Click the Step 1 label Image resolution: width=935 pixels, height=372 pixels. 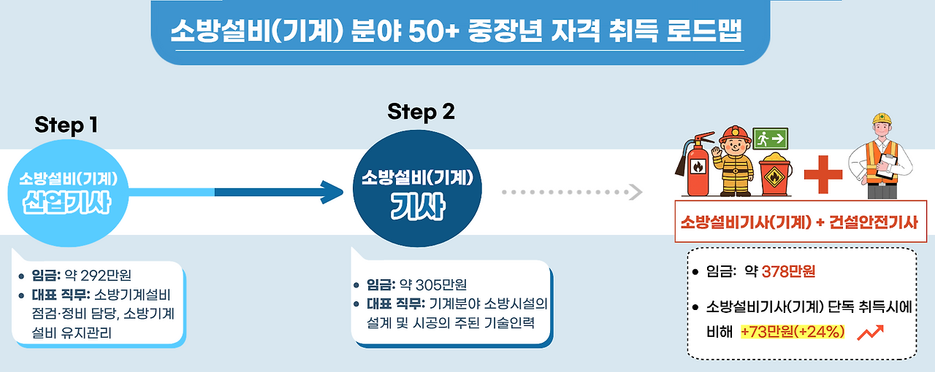tap(66, 125)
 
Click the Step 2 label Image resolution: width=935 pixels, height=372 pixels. tap(421, 112)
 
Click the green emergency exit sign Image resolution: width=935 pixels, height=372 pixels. tap(771, 137)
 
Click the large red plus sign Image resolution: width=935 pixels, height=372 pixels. tap(823, 174)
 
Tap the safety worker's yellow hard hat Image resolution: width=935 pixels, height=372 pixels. tap(881, 118)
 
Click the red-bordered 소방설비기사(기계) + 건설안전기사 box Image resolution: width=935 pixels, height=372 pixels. tap(801, 222)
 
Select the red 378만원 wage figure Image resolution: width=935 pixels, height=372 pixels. tap(788, 272)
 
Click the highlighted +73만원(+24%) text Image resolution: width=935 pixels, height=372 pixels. tap(793, 332)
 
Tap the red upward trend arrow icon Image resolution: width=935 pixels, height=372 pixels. tap(871, 332)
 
